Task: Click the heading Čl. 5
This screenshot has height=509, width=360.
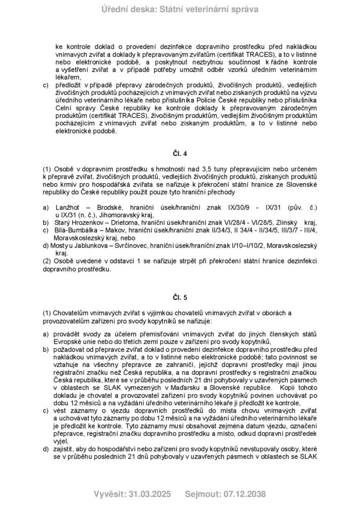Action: (x=180, y=297)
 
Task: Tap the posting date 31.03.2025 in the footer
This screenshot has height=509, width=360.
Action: (x=149, y=494)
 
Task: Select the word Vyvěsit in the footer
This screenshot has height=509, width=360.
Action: (x=109, y=494)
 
